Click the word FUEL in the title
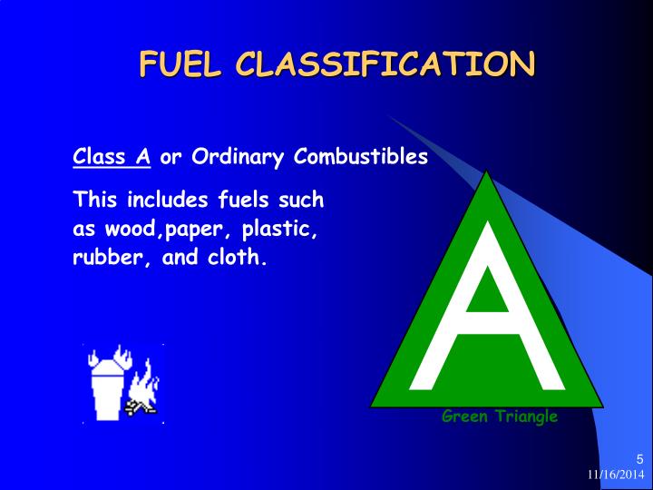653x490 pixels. point(180,64)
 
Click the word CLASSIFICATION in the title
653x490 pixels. point(385,64)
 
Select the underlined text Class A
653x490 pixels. point(112,157)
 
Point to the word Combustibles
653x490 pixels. point(361,157)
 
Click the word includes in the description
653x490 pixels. point(162,199)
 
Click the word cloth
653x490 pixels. point(239,257)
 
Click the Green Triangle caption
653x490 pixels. point(500,416)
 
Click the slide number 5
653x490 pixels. point(639,458)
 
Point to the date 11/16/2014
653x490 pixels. point(615,475)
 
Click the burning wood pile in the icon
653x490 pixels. point(141,400)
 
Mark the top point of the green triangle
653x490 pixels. point(488,172)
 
